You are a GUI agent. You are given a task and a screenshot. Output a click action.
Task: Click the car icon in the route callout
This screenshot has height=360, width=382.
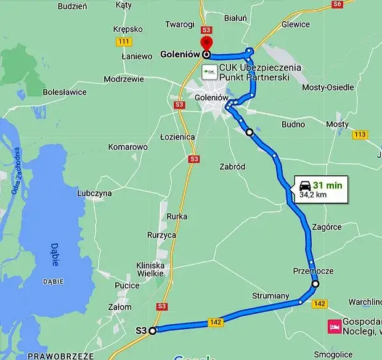click(304, 185)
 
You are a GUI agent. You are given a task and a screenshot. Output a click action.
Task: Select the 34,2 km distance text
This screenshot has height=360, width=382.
click(313, 195)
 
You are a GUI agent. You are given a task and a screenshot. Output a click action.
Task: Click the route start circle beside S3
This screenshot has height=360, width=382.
click(153, 330)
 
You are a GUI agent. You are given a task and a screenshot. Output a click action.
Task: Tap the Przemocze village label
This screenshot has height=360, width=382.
click(314, 271)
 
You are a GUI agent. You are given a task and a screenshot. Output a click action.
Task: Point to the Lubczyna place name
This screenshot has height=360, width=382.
click(94, 193)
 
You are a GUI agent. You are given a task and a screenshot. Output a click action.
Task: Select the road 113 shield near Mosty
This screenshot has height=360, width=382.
click(360, 134)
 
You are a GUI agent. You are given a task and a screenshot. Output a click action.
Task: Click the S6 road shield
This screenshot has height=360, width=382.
click(336, 4)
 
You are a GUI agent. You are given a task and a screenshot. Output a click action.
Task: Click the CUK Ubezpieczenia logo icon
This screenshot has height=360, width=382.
click(209, 72)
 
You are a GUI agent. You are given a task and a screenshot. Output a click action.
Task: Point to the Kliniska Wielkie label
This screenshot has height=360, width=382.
click(150, 269)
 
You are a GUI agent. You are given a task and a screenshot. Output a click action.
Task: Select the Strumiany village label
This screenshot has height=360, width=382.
click(270, 296)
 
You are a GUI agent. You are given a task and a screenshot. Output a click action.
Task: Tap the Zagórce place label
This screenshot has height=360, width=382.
click(327, 227)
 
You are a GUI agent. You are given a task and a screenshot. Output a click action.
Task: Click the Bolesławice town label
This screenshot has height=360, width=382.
click(65, 92)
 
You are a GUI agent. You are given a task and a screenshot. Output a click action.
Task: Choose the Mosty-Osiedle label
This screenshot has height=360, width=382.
click(328, 88)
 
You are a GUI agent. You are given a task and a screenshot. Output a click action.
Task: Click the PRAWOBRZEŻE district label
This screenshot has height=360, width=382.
click(55, 356)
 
